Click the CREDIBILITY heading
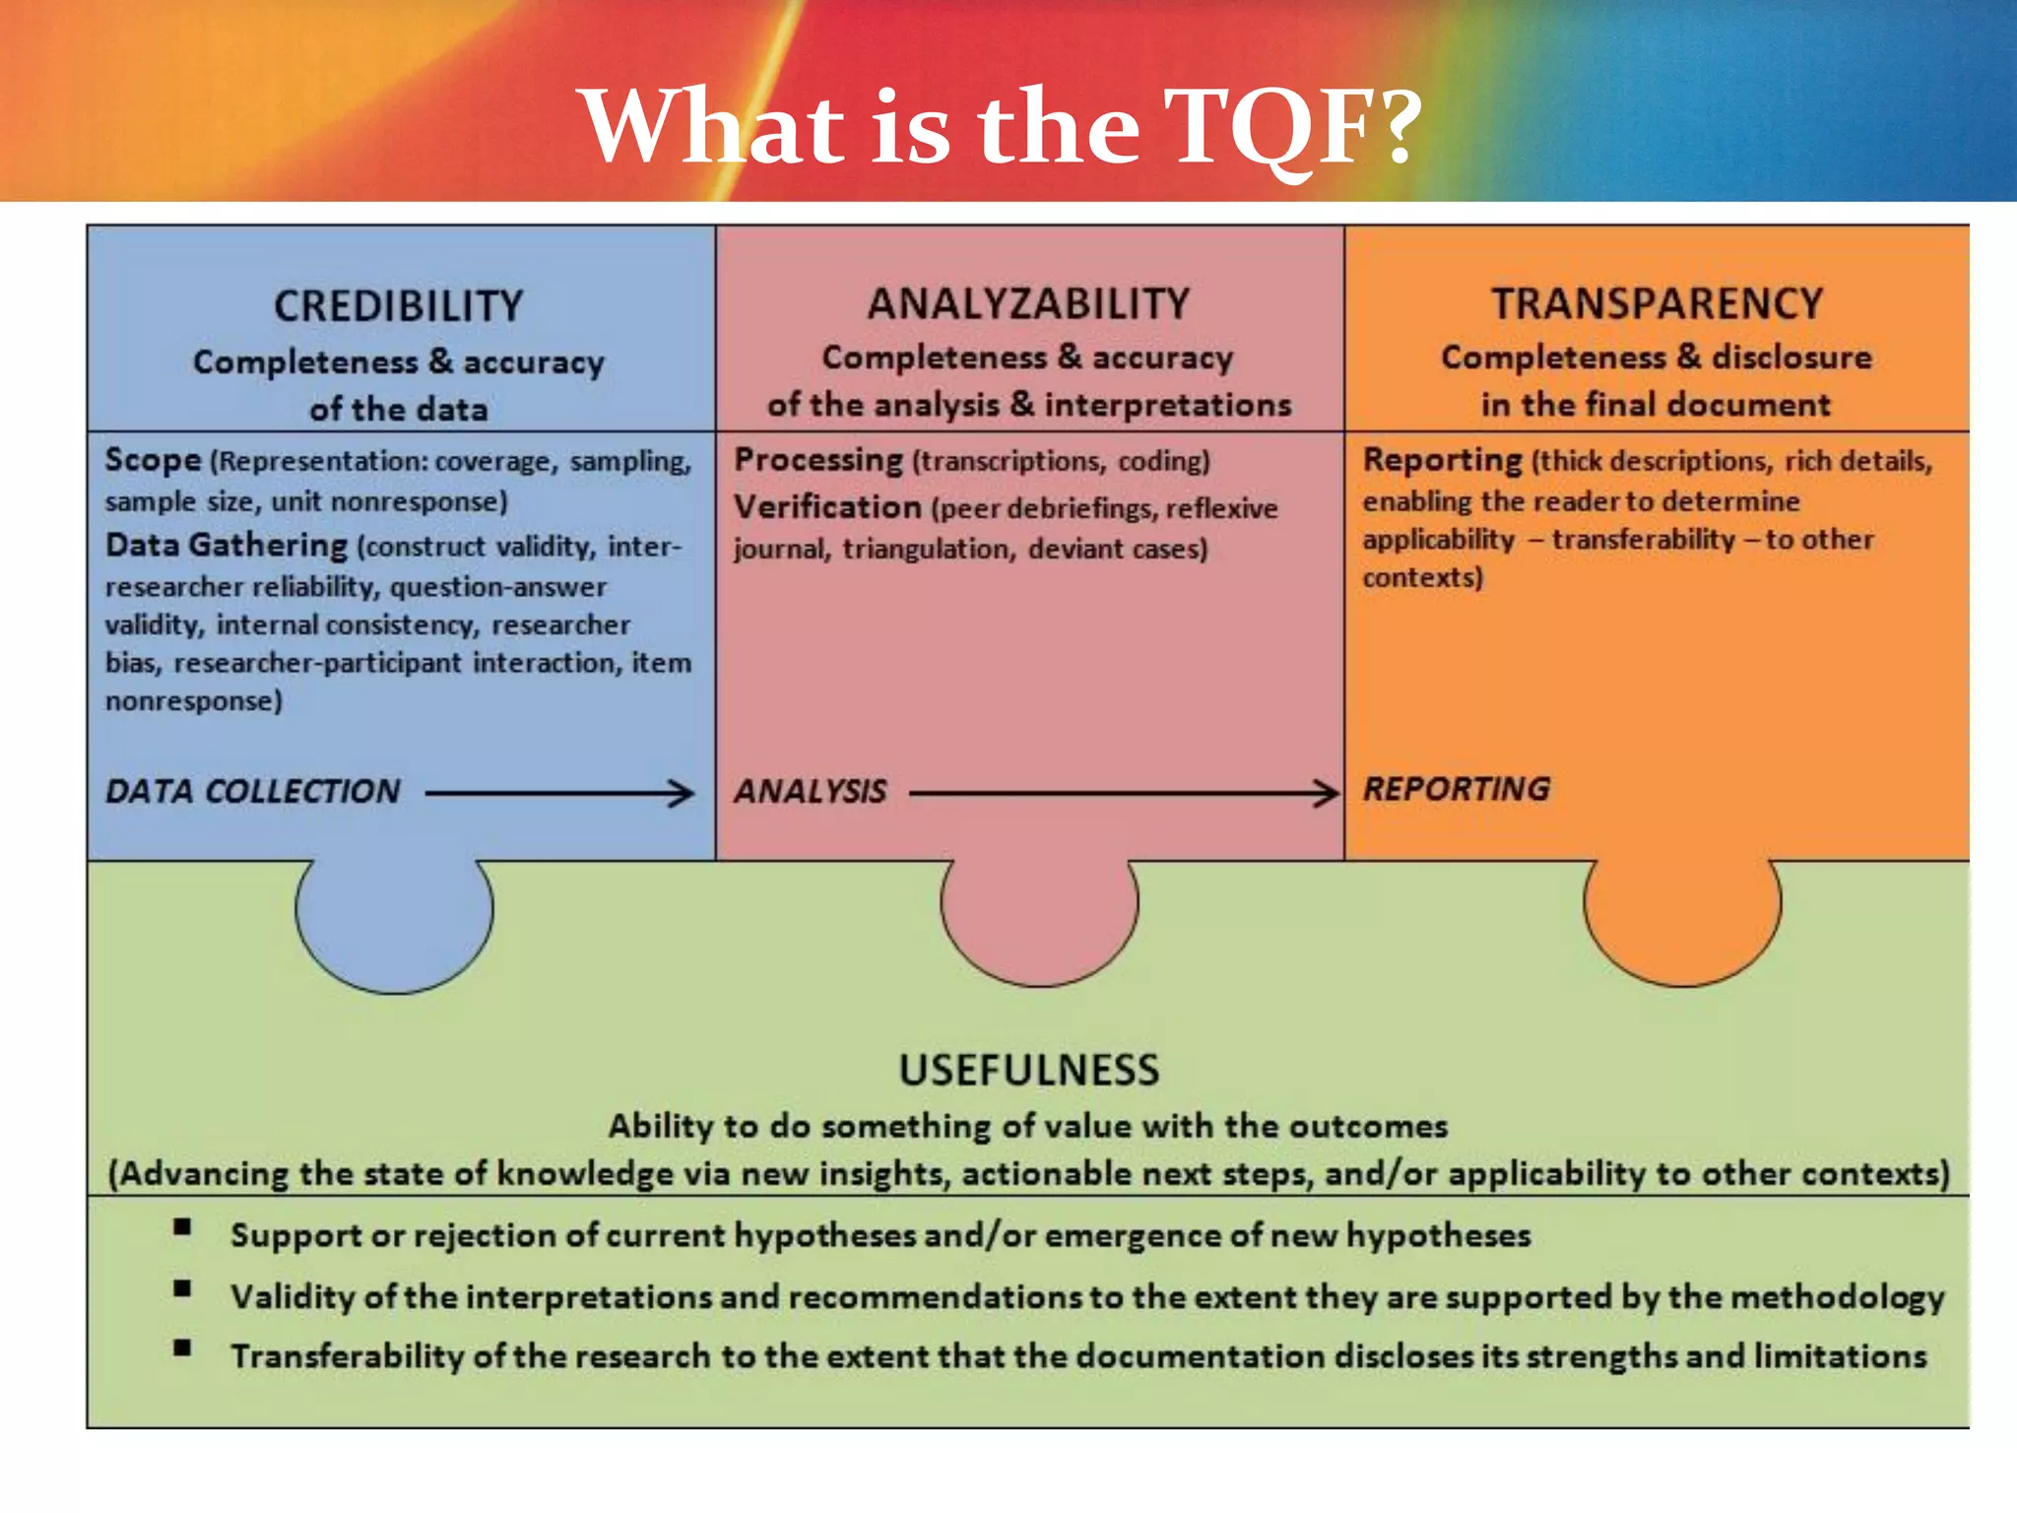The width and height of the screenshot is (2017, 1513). pyautogui.click(x=398, y=306)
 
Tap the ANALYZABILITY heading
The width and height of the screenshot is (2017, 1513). pyautogui.click(x=1028, y=303)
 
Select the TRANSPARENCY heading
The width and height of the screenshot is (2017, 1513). pyautogui.click(x=1657, y=303)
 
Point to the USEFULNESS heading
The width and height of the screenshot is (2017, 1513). pyautogui.click(x=1029, y=1070)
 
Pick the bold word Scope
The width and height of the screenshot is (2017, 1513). pyautogui.click(x=153, y=460)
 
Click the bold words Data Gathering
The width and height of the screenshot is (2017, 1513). pyautogui.click(x=227, y=545)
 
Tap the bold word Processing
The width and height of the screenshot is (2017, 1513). pyautogui.click(x=818, y=460)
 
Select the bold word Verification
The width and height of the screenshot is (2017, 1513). pyautogui.click(x=827, y=507)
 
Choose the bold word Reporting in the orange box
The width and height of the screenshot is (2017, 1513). pyautogui.click(x=1443, y=460)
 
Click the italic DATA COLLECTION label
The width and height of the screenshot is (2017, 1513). pyautogui.click(x=253, y=791)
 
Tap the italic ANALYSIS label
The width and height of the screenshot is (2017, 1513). pyautogui.click(x=810, y=791)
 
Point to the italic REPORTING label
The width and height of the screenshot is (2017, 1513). pyautogui.click(x=1456, y=789)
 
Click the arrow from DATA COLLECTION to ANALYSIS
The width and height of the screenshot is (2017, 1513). pyautogui.click(x=559, y=792)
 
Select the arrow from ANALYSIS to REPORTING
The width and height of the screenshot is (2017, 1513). pyautogui.click(x=1123, y=792)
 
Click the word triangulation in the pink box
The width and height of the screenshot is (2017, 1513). pyautogui.click(x=927, y=549)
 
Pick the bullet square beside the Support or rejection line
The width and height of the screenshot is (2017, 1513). pyautogui.click(x=182, y=1226)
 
